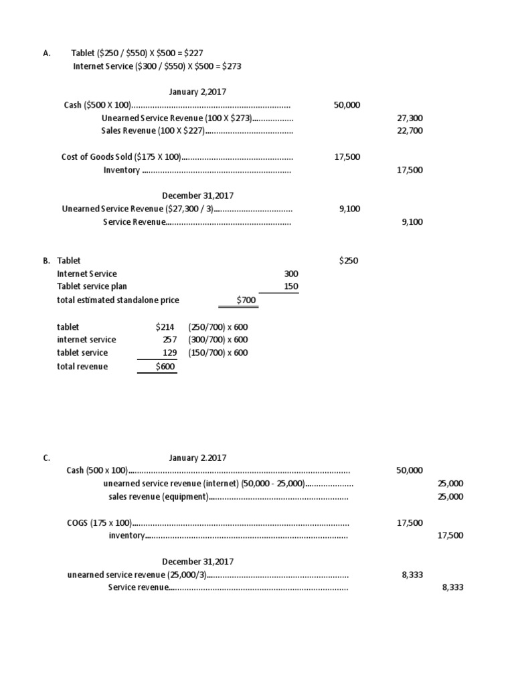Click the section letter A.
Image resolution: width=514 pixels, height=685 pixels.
pos(46,54)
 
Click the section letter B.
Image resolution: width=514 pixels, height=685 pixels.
pos(46,261)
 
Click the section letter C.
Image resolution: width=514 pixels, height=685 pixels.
pos(46,458)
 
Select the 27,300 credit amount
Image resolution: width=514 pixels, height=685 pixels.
pos(410,118)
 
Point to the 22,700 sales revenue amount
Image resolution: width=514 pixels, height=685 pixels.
pos(410,130)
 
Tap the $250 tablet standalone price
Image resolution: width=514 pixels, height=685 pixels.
pos(349,261)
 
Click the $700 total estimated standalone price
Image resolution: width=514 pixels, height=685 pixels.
pos(247,300)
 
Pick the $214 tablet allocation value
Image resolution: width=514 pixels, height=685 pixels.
pos(165,326)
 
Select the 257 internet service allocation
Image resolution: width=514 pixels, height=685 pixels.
pos(169,340)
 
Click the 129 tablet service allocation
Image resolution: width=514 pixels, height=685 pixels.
pos(169,353)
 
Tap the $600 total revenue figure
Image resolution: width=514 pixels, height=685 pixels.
pos(165,366)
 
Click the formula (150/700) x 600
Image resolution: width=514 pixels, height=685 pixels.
pos(218,353)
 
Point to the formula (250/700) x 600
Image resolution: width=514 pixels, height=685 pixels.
pos(218,326)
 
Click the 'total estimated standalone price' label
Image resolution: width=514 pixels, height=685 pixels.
pos(118,300)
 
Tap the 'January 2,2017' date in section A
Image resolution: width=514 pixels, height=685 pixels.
pos(197,92)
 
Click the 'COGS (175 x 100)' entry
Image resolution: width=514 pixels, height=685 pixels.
pos(98,522)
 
